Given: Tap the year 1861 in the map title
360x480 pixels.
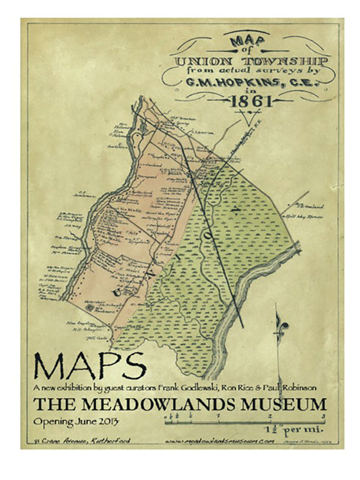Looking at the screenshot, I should (x=251, y=102).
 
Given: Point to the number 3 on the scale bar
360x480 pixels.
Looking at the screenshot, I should (x=324, y=416).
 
